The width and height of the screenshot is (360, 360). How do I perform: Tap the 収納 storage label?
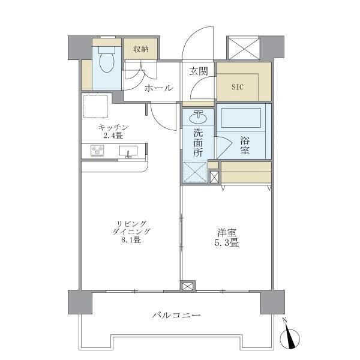pyautogui.click(x=141, y=49)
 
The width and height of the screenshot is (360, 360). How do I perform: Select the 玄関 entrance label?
pyautogui.click(x=199, y=71)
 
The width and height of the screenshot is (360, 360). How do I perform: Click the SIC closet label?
pyautogui.click(x=238, y=86)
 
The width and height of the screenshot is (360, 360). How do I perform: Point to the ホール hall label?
pyautogui.click(x=158, y=88)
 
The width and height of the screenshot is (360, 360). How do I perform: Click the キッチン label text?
pyautogui.click(x=114, y=127)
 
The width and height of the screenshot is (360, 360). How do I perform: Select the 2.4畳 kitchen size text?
pyautogui.click(x=113, y=136)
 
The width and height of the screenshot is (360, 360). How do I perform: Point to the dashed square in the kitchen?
pyautogui.click(x=95, y=107)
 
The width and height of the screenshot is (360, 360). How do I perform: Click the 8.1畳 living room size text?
pyautogui.click(x=130, y=241)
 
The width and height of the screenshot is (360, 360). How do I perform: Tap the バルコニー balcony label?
pyautogui.click(x=176, y=314)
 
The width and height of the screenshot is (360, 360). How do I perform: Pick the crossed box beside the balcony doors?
pyautogui.click(x=188, y=287)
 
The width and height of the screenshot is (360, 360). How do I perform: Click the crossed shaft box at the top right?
pyautogui.click(x=242, y=47)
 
